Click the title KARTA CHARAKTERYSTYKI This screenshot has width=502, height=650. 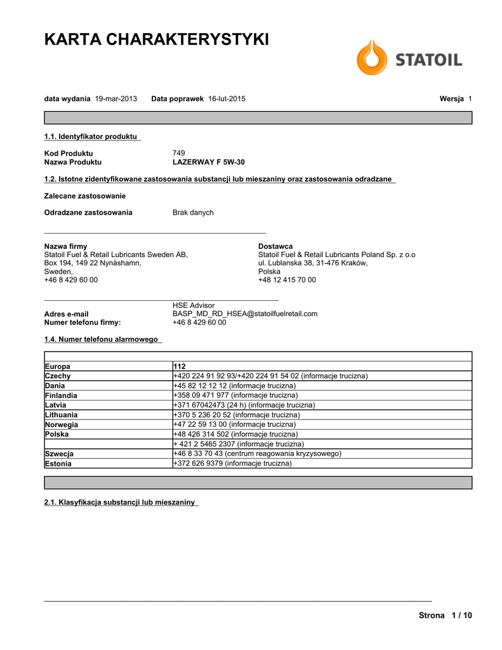click(x=156, y=39)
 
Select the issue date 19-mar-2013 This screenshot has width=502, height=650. click(x=116, y=99)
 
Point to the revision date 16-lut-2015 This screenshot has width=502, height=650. click(x=227, y=99)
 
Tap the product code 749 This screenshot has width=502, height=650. click(x=179, y=154)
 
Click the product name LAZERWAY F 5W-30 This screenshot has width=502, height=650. click(x=208, y=162)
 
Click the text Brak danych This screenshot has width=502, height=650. click(x=193, y=213)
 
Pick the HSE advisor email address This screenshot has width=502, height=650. click(x=245, y=314)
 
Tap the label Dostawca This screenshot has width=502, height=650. click(x=275, y=246)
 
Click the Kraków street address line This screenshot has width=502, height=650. click(x=313, y=263)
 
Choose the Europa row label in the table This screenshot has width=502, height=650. click(x=58, y=366)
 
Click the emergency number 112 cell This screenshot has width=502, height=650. click(x=179, y=366)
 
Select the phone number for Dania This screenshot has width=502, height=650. click(x=234, y=386)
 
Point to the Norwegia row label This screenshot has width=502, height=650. click(x=62, y=425)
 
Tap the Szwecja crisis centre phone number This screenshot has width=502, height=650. click(x=257, y=454)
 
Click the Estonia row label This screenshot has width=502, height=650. click(x=58, y=463)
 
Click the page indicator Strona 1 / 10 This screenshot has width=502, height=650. click(x=446, y=616)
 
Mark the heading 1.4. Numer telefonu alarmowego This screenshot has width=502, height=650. click(x=101, y=340)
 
